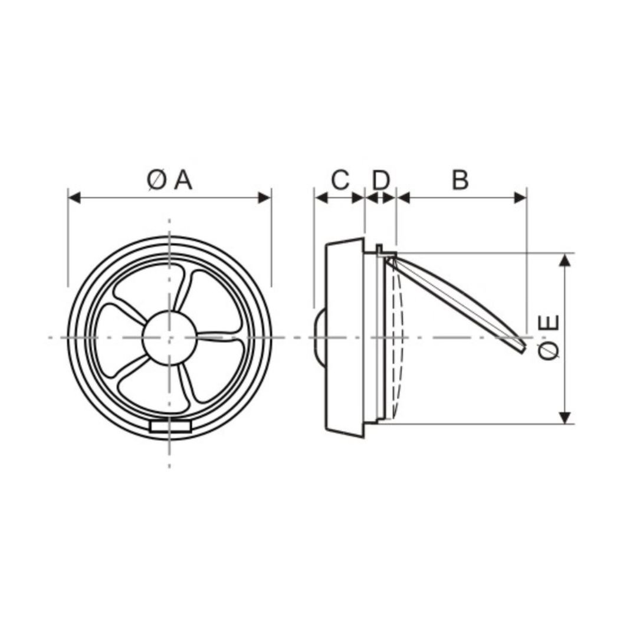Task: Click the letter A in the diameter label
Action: click(x=183, y=180)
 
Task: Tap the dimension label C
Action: click(x=340, y=180)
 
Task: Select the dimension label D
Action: click(x=381, y=180)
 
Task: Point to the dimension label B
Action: click(x=460, y=180)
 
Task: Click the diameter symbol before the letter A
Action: click(x=156, y=180)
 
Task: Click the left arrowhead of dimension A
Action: click(x=74, y=198)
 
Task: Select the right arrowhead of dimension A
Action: click(x=264, y=198)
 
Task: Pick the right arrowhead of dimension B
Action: click(x=520, y=198)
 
